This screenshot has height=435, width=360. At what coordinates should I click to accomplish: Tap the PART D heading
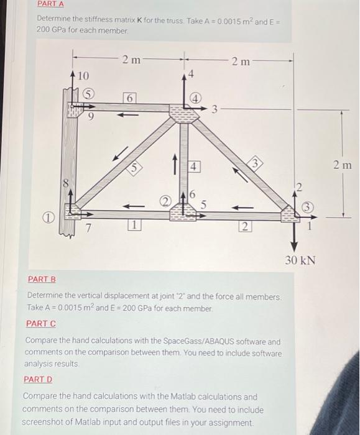tap(38, 379)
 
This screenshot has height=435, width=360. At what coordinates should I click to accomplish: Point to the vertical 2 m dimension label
tap(341, 165)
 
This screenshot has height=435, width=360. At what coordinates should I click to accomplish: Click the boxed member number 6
tap(129, 99)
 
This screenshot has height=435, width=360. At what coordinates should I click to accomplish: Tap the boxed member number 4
tap(194, 167)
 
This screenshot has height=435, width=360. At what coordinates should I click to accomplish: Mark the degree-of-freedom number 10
tap(84, 75)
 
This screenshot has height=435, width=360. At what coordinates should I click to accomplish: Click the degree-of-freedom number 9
tap(91, 114)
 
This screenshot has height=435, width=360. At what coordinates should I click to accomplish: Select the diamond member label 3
tap(254, 163)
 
